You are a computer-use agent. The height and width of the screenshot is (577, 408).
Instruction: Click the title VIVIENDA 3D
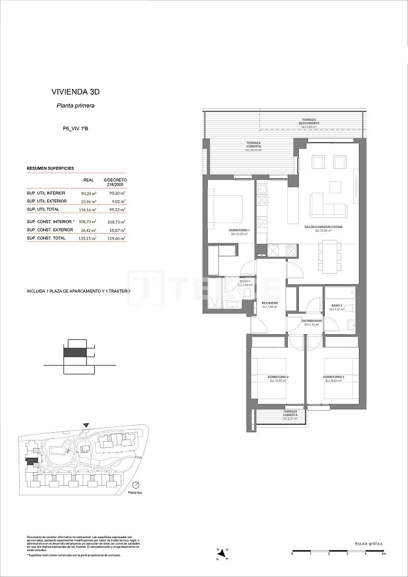pyautogui.click(x=75, y=91)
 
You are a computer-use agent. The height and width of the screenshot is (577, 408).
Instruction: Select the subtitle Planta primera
pyautogui.click(x=75, y=106)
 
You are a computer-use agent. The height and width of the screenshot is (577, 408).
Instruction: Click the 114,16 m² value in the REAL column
pyautogui.click(x=89, y=210)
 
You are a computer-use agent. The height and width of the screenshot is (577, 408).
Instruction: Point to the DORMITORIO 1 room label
pyautogui.click(x=239, y=231)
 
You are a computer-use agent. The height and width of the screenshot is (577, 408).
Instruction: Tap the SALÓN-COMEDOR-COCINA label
pyautogui.click(x=323, y=227)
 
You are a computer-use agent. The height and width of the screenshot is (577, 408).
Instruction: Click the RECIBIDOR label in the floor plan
pyautogui.click(x=270, y=303)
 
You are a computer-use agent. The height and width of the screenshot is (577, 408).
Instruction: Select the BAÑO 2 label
pyautogui.click(x=336, y=306)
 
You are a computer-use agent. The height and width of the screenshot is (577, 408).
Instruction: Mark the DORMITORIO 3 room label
pyautogui.click(x=332, y=376)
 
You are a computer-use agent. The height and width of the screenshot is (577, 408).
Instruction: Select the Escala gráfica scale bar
pyautogui.click(x=338, y=550)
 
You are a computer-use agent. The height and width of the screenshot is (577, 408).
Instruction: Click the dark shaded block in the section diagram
pyautogui.click(x=75, y=352)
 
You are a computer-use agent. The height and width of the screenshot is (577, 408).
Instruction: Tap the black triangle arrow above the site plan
pyautogui.click(x=86, y=425)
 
